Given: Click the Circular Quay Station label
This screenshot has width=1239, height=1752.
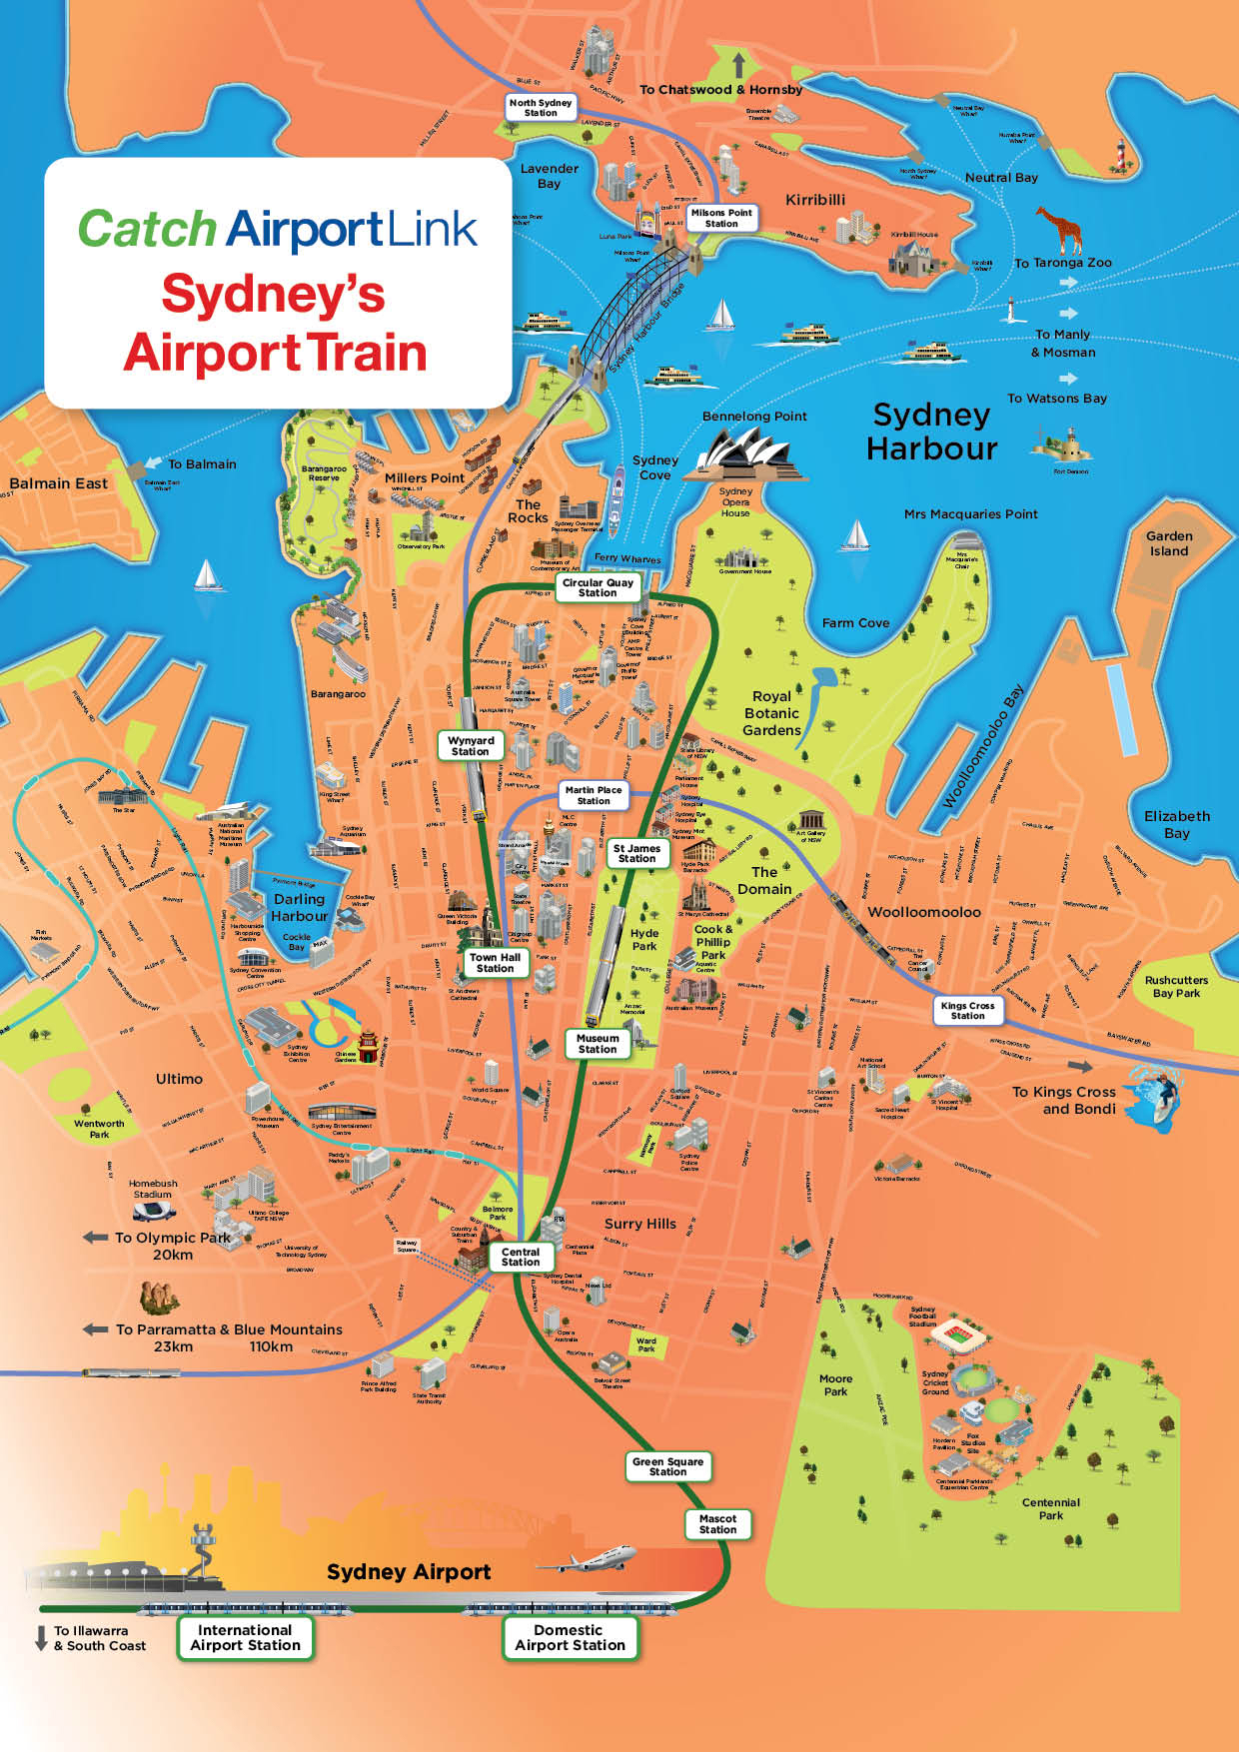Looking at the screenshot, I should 598,587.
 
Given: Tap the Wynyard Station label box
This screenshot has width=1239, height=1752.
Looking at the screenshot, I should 471,746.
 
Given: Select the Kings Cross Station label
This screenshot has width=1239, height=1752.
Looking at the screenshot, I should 967,1010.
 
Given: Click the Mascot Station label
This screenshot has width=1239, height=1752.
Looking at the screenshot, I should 717,1523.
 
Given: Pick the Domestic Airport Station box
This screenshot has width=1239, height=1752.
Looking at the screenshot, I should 570,1637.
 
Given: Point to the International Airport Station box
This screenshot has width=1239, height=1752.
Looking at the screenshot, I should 245,1637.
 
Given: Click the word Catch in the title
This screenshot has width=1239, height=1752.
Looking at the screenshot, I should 147,229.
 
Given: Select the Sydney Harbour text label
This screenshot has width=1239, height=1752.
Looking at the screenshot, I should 931,432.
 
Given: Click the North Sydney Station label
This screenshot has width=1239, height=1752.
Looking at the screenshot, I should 541,107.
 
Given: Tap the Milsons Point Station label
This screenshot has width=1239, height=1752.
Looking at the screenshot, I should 721,218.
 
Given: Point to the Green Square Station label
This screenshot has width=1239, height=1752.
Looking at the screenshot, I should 667,1466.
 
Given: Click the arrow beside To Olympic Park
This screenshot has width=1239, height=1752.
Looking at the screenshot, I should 96,1237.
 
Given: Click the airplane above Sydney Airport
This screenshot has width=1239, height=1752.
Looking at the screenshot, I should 600,1559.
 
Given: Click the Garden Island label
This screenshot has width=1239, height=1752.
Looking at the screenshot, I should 1168,543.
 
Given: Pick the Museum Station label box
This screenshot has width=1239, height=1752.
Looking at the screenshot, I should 598,1044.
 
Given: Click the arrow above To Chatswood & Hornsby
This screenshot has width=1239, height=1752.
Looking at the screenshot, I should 738,66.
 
